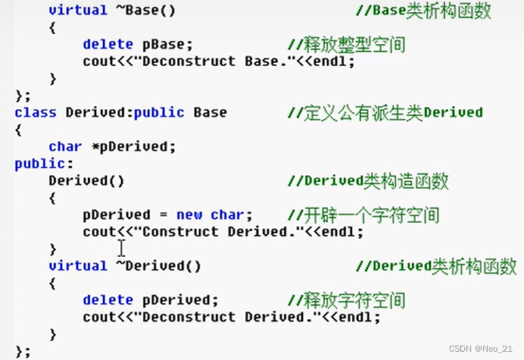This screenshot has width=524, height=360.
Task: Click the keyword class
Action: point(36,112)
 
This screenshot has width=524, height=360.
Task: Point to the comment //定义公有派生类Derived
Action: point(385,112)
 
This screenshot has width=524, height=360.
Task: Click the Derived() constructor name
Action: point(86,180)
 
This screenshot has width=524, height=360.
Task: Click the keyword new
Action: point(189,214)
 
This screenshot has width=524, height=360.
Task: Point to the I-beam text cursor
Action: point(121,248)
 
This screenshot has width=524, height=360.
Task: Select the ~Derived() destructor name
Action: point(158,265)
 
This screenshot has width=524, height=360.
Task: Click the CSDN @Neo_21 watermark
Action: point(482,349)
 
